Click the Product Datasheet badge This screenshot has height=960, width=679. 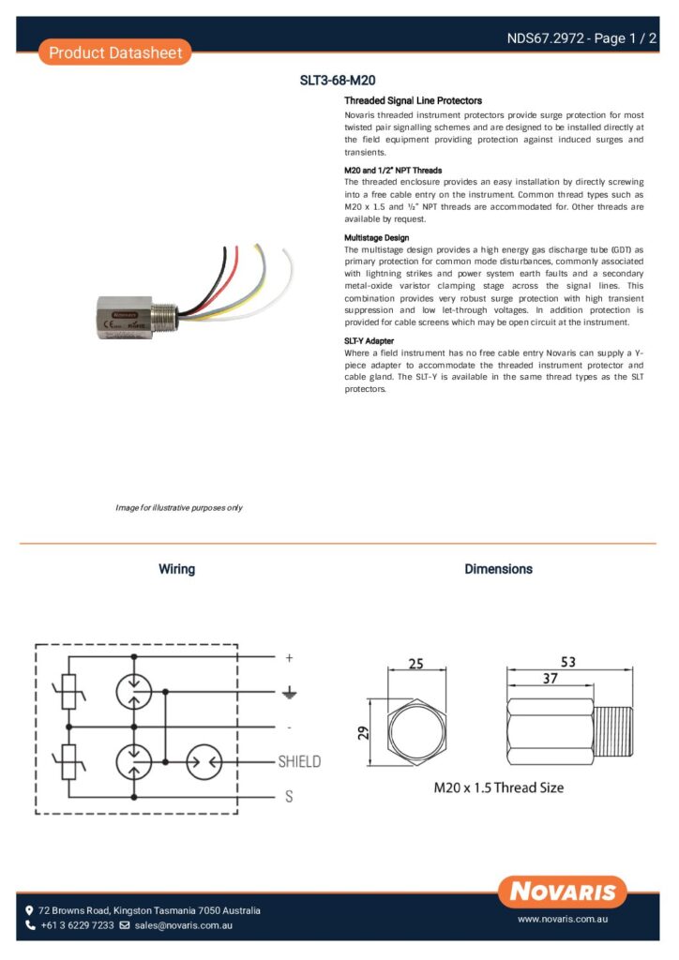(113, 52)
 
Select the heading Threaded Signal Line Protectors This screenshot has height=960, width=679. (413, 100)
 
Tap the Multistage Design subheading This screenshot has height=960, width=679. (376, 238)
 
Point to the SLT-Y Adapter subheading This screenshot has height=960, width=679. (370, 340)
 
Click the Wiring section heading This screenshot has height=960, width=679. (176, 569)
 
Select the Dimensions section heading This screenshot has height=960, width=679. (498, 569)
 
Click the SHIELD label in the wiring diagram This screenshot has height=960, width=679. (299, 761)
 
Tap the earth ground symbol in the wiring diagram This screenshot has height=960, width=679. (290, 693)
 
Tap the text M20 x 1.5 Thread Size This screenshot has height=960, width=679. (498, 787)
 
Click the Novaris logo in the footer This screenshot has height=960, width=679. (563, 890)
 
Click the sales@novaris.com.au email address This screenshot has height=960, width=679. (183, 925)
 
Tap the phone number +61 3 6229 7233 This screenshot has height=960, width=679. (76, 925)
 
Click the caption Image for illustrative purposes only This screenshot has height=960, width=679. (179, 507)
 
